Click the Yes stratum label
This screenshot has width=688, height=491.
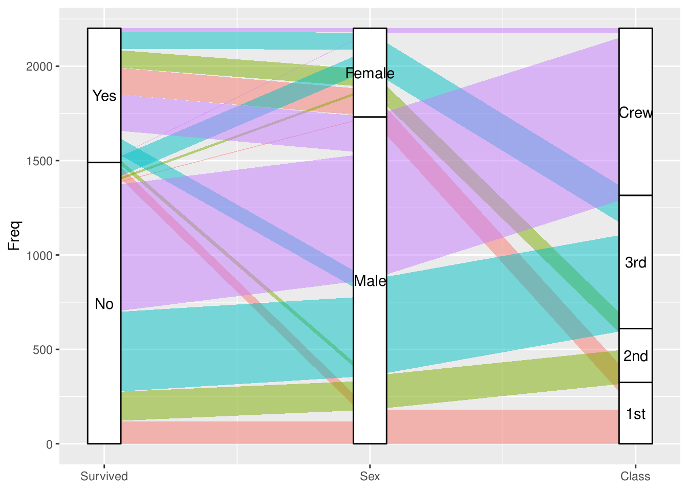[104, 96]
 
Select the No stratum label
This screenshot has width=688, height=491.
[104, 304]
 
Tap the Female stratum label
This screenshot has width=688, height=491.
[370, 74]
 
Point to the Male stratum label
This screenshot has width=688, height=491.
[370, 281]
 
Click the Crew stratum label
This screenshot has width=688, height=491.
[635, 113]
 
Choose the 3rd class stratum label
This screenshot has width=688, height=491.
[635, 262]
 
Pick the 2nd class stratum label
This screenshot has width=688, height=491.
[635, 356]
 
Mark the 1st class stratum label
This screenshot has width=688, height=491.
[635, 414]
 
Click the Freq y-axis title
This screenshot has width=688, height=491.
[14, 235]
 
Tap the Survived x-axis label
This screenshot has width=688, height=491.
[104, 477]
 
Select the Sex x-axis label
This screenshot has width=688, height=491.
[370, 477]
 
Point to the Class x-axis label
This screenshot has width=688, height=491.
[635, 477]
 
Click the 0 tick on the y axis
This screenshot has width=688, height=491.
[49, 444]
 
